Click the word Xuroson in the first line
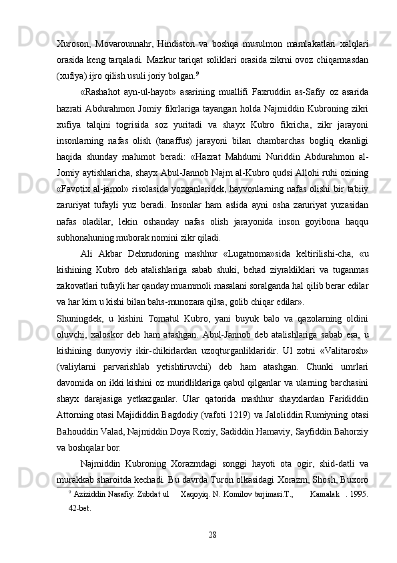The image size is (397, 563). click(73, 43)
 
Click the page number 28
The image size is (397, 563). click(214, 552)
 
